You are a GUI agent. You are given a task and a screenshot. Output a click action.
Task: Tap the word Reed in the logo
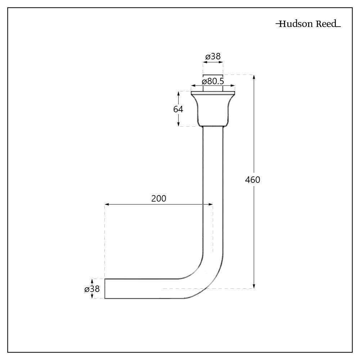(326, 24)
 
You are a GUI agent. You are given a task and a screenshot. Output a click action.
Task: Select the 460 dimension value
(252, 180)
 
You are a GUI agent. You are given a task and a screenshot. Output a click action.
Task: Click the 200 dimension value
(159, 198)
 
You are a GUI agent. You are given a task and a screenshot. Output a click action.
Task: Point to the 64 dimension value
(178, 109)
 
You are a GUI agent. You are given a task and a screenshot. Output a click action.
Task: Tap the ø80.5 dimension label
(213, 81)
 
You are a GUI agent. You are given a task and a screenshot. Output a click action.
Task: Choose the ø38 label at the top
(213, 57)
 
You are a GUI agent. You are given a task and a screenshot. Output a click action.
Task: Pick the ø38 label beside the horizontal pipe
(92, 289)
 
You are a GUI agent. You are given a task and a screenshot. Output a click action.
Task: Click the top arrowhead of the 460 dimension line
(254, 77)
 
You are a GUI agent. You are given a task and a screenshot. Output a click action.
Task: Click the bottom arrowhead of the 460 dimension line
(254, 286)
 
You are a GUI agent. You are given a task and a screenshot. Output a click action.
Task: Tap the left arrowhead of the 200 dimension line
(107, 204)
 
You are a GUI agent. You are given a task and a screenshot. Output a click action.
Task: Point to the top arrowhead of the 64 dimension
(179, 94)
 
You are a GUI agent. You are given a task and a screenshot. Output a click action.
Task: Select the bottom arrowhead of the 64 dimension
(179, 124)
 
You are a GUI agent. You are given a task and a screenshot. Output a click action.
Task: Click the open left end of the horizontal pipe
(105, 289)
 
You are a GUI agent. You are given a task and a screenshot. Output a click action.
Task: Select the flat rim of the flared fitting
(213, 93)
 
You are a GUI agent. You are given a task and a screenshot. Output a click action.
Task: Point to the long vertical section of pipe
(213, 187)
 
